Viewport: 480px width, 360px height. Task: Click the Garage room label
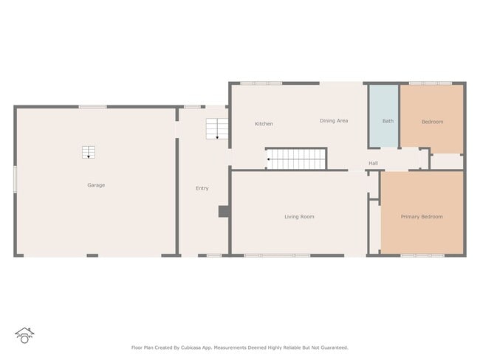pos(96,185)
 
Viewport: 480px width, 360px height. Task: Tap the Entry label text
pos(202,188)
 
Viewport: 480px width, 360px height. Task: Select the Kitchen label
pos(264,124)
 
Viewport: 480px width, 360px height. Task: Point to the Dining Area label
pos(334,120)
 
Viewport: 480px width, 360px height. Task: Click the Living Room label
pos(299,217)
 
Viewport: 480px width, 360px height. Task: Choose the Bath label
pos(388,121)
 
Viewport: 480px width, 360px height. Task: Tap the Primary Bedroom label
pos(422,217)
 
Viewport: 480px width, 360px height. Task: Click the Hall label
pos(373,164)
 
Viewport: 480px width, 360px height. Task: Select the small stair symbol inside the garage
pos(89,153)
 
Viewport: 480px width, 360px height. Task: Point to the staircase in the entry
pos(216,129)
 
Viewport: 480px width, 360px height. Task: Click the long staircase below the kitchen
pos(296,159)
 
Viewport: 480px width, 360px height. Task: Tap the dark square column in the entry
pos(224,212)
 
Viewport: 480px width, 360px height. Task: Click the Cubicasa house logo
pos(24,336)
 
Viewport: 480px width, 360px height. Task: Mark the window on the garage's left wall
pos(16,179)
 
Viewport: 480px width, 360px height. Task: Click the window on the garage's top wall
pos(93,107)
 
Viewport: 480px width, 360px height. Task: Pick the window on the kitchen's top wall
pos(261,83)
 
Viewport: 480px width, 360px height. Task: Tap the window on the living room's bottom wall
pos(277,255)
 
